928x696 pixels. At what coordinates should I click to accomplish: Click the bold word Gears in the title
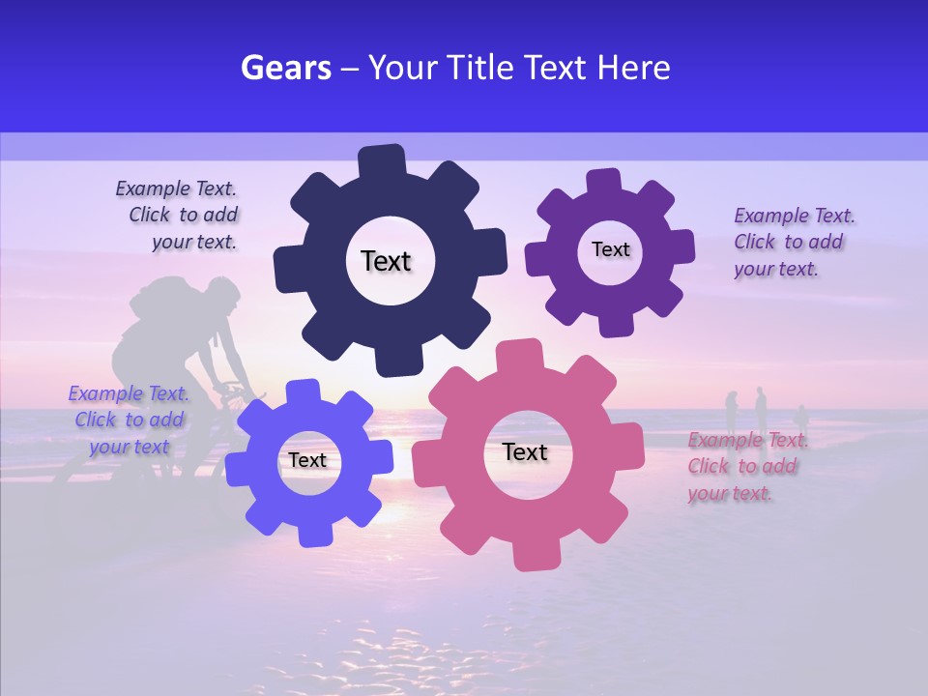[x=286, y=68]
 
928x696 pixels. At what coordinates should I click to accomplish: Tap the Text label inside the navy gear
[x=386, y=261]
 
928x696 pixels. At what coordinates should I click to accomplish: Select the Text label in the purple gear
[x=610, y=249]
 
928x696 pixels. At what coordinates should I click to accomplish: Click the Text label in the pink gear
[x=525, y=451]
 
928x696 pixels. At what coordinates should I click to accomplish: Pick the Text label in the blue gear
[x=307, y=460]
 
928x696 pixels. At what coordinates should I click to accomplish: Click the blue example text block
[x=128, y=420]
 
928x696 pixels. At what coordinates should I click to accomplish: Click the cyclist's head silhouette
[x=221, y=295]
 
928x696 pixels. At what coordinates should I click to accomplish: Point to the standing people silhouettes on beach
[x=759, y=410]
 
